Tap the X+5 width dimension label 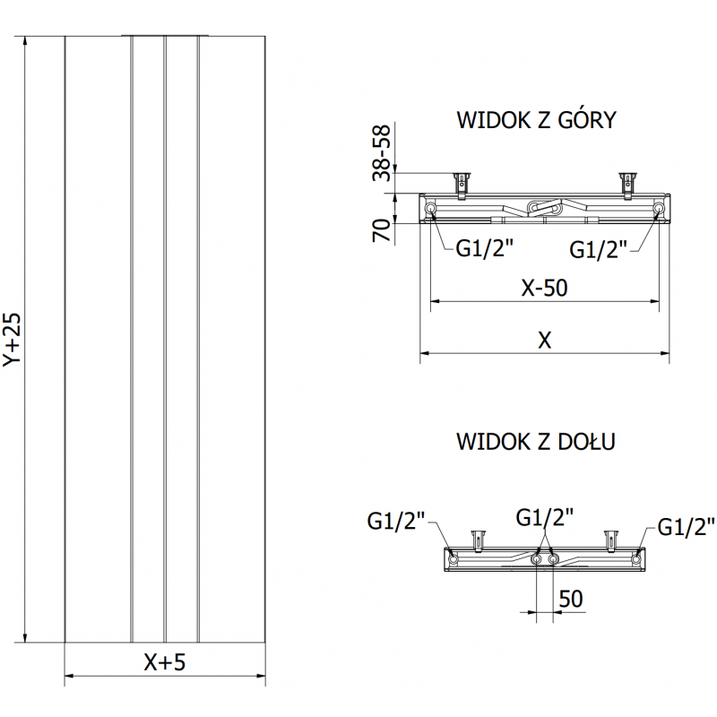point(165,662)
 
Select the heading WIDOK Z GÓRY point(536,120)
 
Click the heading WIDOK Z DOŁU point(536,441)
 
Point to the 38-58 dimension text point(383,153)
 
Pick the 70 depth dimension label point(383,231)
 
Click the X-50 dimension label point(545,289)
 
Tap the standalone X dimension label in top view point(545,340)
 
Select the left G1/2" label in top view point(485,248)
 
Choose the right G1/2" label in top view point(600,248)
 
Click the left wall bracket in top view point(462,182)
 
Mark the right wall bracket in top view point(628,182)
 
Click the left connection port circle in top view point(431,209)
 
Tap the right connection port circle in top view point(659,209)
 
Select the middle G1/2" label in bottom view point(545,516)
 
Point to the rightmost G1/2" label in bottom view point(686,526)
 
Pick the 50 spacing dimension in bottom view point(571,599)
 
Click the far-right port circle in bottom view point(636,559)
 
